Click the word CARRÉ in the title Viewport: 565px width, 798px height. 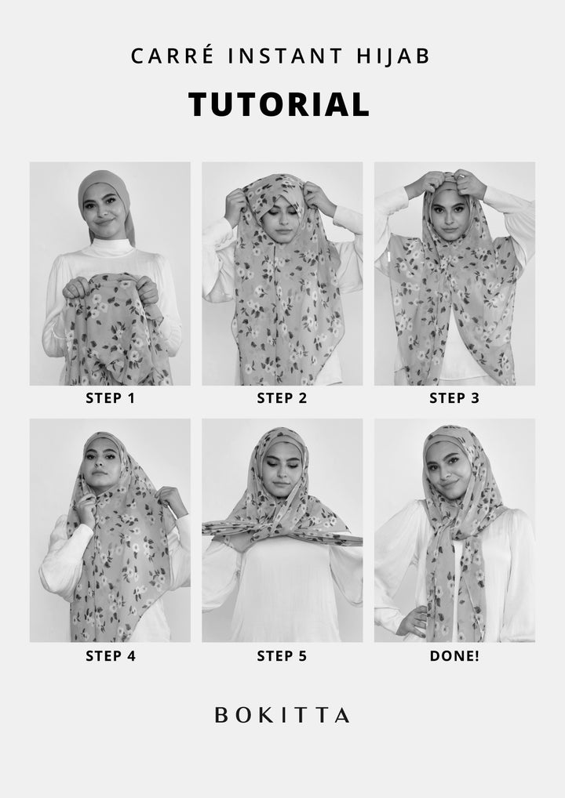pyautogui.click(x=172, y=55)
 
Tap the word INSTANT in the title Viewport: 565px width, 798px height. pyautogui.click(x=286, y=56)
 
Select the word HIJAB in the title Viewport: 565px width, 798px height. pyautogui.click(x=393, y=56)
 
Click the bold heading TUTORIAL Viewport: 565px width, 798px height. pyautogui.click(x=279, y=104)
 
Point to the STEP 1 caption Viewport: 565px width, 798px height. pyautogui.click(x=110, y=398)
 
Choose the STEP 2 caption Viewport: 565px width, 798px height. pyautogui.click(x=282, y=398)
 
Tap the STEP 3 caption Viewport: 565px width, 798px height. pyautogui.click(x=454, y=398)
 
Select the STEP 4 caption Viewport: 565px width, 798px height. pyautogui.click(x=110, y=656)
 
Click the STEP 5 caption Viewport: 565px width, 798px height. pyautogui.click(x=282, y=656)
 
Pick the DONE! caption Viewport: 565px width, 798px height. pyautogui.click(x=454, y=656)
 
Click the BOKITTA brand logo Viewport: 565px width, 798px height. pyautogui.click(x=282, y=715)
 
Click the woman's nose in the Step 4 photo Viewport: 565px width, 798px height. pyautogui.click(x=98, y=462)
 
